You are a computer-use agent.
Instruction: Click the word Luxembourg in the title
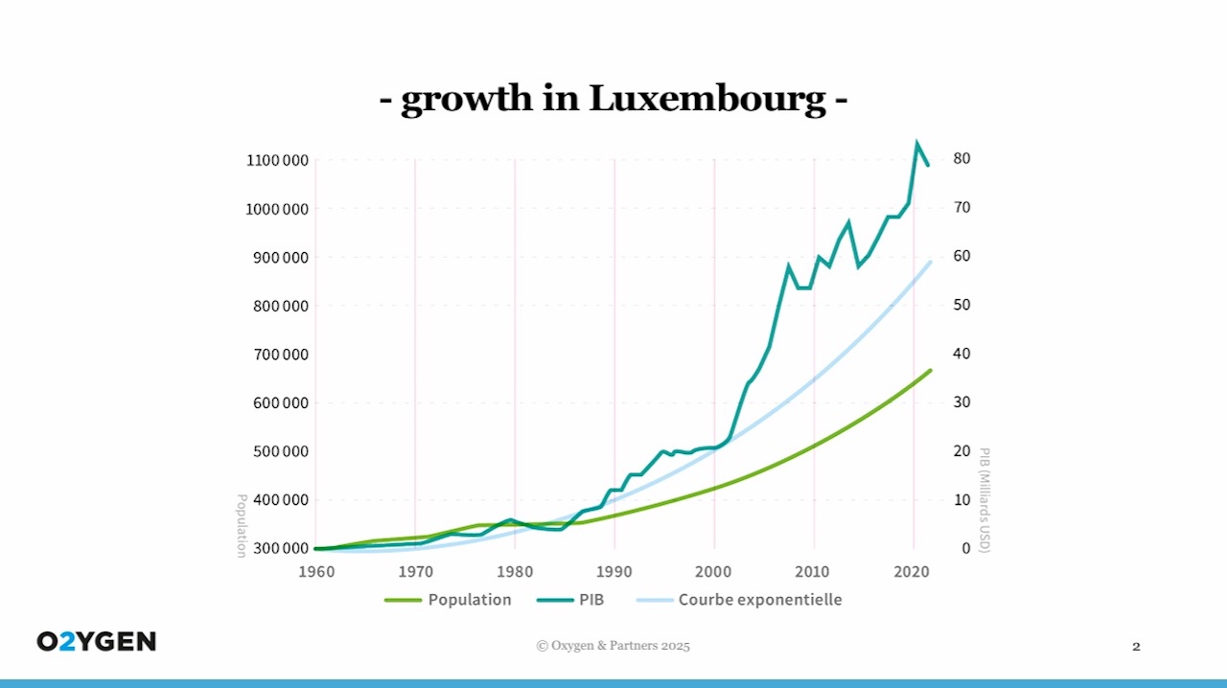(706, 98)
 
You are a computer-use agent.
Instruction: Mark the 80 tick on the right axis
(961, 158)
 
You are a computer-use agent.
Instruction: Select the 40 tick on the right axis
(961, 354)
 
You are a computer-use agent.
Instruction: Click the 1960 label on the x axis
(316, 572)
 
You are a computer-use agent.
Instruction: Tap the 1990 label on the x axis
(614, 572)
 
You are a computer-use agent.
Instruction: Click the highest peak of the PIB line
(916, 143)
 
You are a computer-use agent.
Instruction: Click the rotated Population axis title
(242, 524)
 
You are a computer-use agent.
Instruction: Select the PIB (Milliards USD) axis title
(984, 499)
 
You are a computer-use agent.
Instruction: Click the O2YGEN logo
(96, 642)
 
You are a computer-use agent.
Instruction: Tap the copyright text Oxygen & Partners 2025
(613, 646)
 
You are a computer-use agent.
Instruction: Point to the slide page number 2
(1136, 647)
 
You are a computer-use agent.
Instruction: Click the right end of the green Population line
(930, 370)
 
